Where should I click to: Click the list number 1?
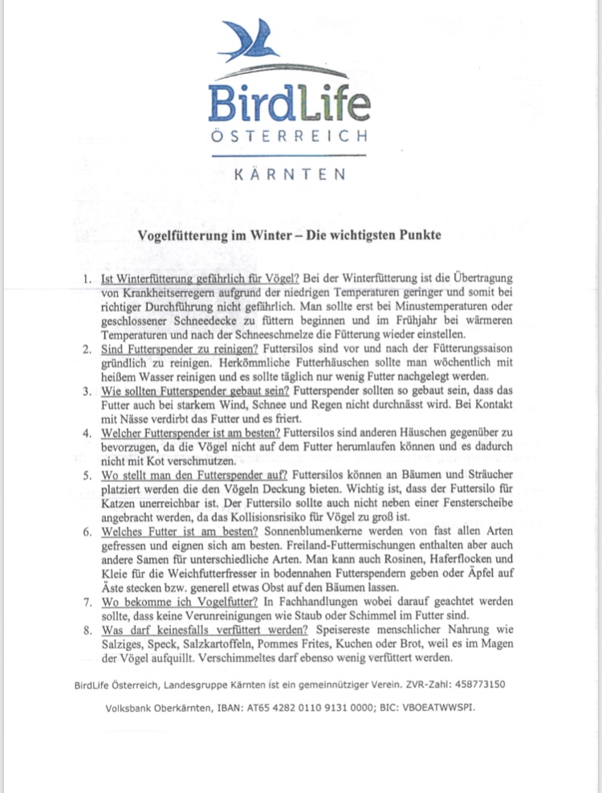[x=87, y=280]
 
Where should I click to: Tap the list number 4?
[x=87, y=433]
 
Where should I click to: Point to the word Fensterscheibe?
[x=465, y=504]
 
